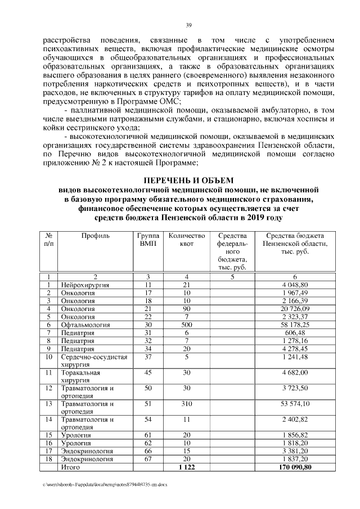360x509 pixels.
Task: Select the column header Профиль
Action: (x=95, y=236)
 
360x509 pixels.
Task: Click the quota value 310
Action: (x=186, y=403)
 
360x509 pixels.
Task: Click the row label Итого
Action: (x=71, y=467)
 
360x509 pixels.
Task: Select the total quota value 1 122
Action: (x=186, y=467)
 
